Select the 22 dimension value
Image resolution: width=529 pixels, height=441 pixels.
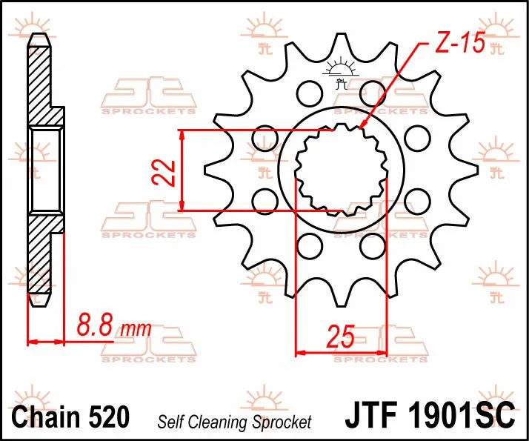pyautogui.click(x=167, y=171)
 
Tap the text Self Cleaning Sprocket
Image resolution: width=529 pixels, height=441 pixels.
pyautogui.click(x=234, y=422)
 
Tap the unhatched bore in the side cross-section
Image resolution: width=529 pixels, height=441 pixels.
pyautogui.click(x=45, y=169)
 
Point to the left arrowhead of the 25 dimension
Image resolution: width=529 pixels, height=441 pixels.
pyautogui.click(x=299, y=352)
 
